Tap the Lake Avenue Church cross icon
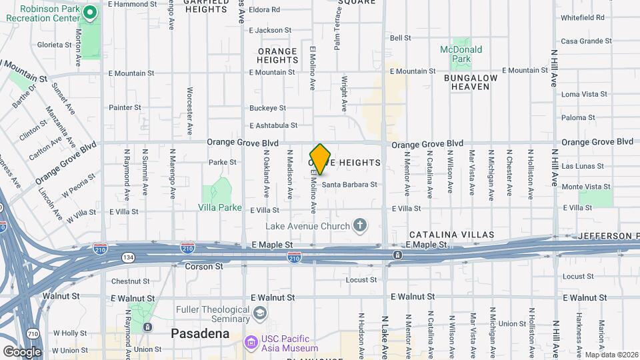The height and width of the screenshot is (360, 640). pyautogui.click(x=360, y=225)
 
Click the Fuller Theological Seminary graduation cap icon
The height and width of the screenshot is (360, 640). pyautogui.click(x=259, y=313)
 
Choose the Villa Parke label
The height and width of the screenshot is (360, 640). pyautogui.click(x=220, y=207)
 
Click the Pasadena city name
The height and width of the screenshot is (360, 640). pyautogui.click(x=195, y=333)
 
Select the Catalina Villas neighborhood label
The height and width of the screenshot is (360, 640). pyautogui.click(x=451, y=235)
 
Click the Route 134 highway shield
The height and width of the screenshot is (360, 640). pyautogui.click(x=126, y=257)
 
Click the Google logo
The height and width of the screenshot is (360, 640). pyautogui.click(x=22, y=351)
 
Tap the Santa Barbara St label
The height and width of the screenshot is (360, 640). pyautogui.click(x=350, y=184)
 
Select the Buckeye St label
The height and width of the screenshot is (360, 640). pyautogui.click(x=267, y=107)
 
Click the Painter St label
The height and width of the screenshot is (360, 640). pyautogui.click(x=125, y=107)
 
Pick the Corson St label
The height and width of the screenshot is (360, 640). pyautogui.click(x=204, y=266)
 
